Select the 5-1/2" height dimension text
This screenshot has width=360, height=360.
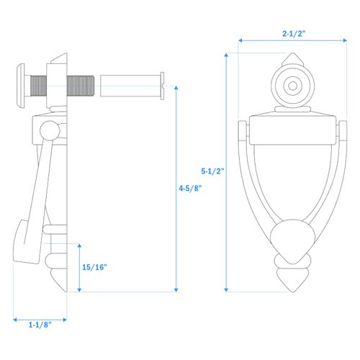coord(214,171)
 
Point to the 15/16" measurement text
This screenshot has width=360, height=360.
coord(94,267)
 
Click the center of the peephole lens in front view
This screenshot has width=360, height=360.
coord(292,86)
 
